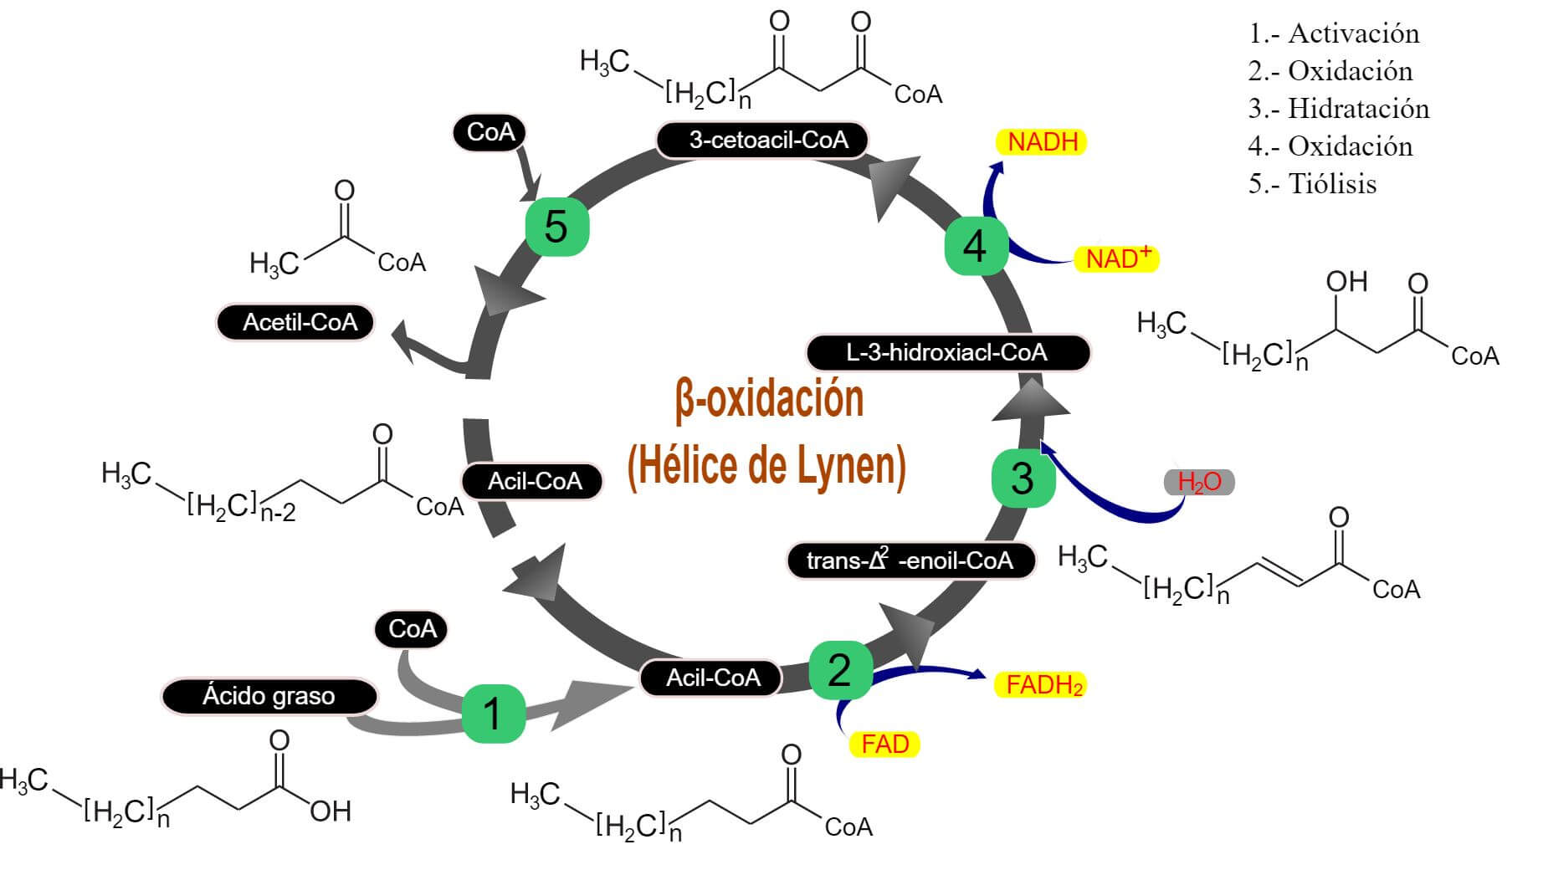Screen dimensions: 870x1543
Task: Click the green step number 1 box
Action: (494, 714)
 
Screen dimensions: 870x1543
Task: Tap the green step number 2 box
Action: (840, 670)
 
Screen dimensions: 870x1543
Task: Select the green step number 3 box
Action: (1023, 478)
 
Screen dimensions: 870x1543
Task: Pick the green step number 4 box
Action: (976, 246)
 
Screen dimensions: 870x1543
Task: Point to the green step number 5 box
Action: (556, 227)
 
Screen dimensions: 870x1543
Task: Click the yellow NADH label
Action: (1042, 142)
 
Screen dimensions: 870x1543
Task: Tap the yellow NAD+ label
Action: (1116, 258)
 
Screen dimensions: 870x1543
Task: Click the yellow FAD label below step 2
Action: (884, 744)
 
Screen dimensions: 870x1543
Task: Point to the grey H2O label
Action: (1199, 482)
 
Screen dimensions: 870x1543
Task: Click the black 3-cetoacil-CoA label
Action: (762, 140)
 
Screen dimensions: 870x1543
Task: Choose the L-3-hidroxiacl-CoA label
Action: (947, 352)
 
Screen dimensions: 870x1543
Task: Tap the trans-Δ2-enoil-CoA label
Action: (910, 560)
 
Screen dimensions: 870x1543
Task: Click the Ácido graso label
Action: (269, 696)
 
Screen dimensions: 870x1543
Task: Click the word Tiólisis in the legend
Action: (1332, 184)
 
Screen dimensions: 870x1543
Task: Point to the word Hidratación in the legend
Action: (1358, 109)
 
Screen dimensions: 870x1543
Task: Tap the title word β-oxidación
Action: (768, 400)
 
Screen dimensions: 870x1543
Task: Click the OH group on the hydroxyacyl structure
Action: (1346, 282)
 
